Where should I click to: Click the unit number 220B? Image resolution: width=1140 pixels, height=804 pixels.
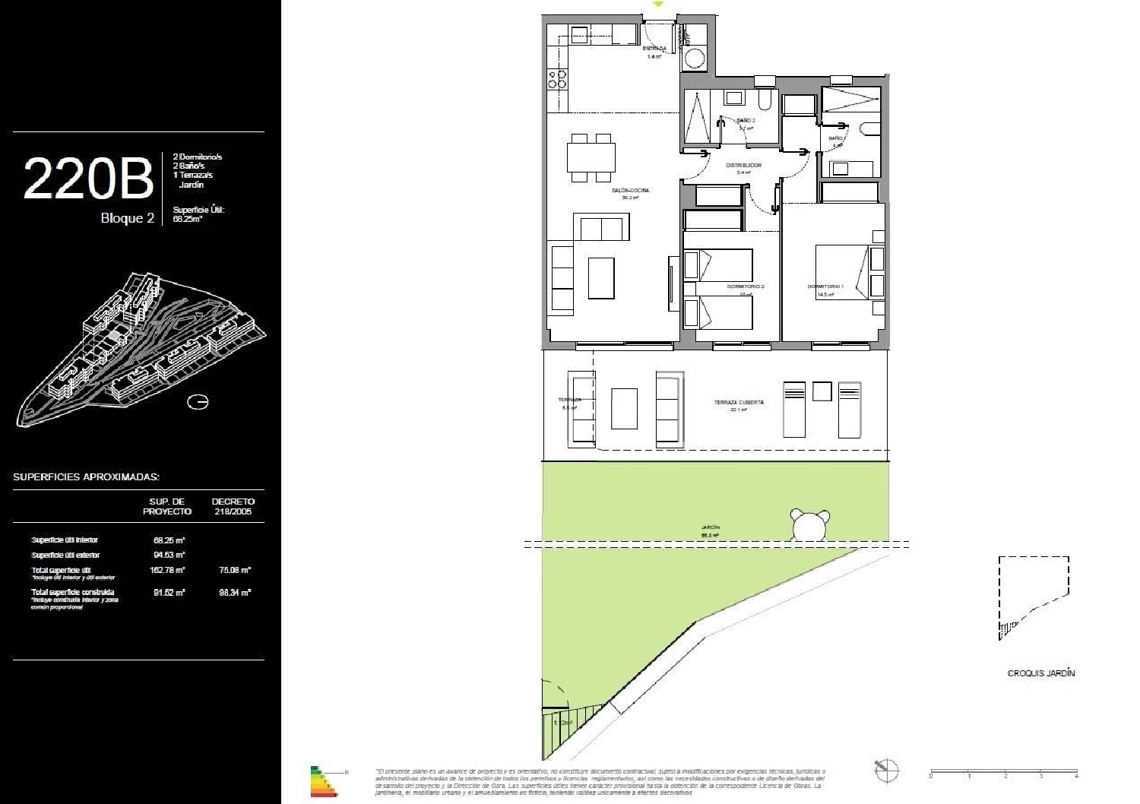coord(88,179)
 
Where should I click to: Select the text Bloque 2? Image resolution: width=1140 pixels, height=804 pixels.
coord(127,218)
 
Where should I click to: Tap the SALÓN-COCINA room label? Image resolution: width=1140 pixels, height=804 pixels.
coord(630,191)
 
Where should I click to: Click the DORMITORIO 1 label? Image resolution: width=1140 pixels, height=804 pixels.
coord(825,286)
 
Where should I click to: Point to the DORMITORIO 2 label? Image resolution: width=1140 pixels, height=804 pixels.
coord(745,286)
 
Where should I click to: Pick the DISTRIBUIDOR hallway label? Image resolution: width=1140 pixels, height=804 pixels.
coord(743,165)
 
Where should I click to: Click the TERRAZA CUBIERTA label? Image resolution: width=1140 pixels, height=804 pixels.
coord(739,402)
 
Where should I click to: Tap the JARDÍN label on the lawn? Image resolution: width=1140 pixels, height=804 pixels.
coord(711,527)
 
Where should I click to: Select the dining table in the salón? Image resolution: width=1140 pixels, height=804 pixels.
coord(591,158)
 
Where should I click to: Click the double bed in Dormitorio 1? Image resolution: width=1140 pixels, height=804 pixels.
coord(841,271)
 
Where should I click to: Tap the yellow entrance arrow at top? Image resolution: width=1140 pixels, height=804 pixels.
coord(659,5)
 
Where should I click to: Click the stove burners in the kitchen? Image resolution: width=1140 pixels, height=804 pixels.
coord(557,79)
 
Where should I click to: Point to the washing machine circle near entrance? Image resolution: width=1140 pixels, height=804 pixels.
coord(694,59)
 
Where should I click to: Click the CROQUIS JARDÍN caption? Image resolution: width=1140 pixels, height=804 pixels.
coord(1040,673)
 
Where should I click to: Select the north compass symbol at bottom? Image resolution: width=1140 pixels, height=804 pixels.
coord(886,770)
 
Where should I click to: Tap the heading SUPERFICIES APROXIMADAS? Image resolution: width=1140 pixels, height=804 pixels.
coord(86,477)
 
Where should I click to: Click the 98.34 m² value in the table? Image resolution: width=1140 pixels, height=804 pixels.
coord(235,592)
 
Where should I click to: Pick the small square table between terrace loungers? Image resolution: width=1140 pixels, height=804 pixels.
coord(822,391)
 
